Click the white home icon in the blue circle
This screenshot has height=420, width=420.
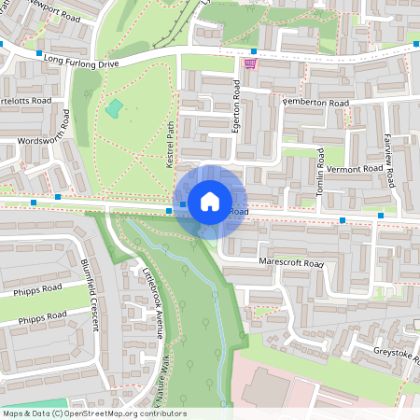click(x=210, y=201)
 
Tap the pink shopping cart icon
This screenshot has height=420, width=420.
click(x=249, y=64)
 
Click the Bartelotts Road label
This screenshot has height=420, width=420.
click(x=26, y=100)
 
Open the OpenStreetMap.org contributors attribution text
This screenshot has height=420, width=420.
click(x=93, y=413)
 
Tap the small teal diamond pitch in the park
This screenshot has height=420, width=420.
click(x=113, y=109)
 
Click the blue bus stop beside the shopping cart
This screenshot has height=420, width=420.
click(x=253, y=51)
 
